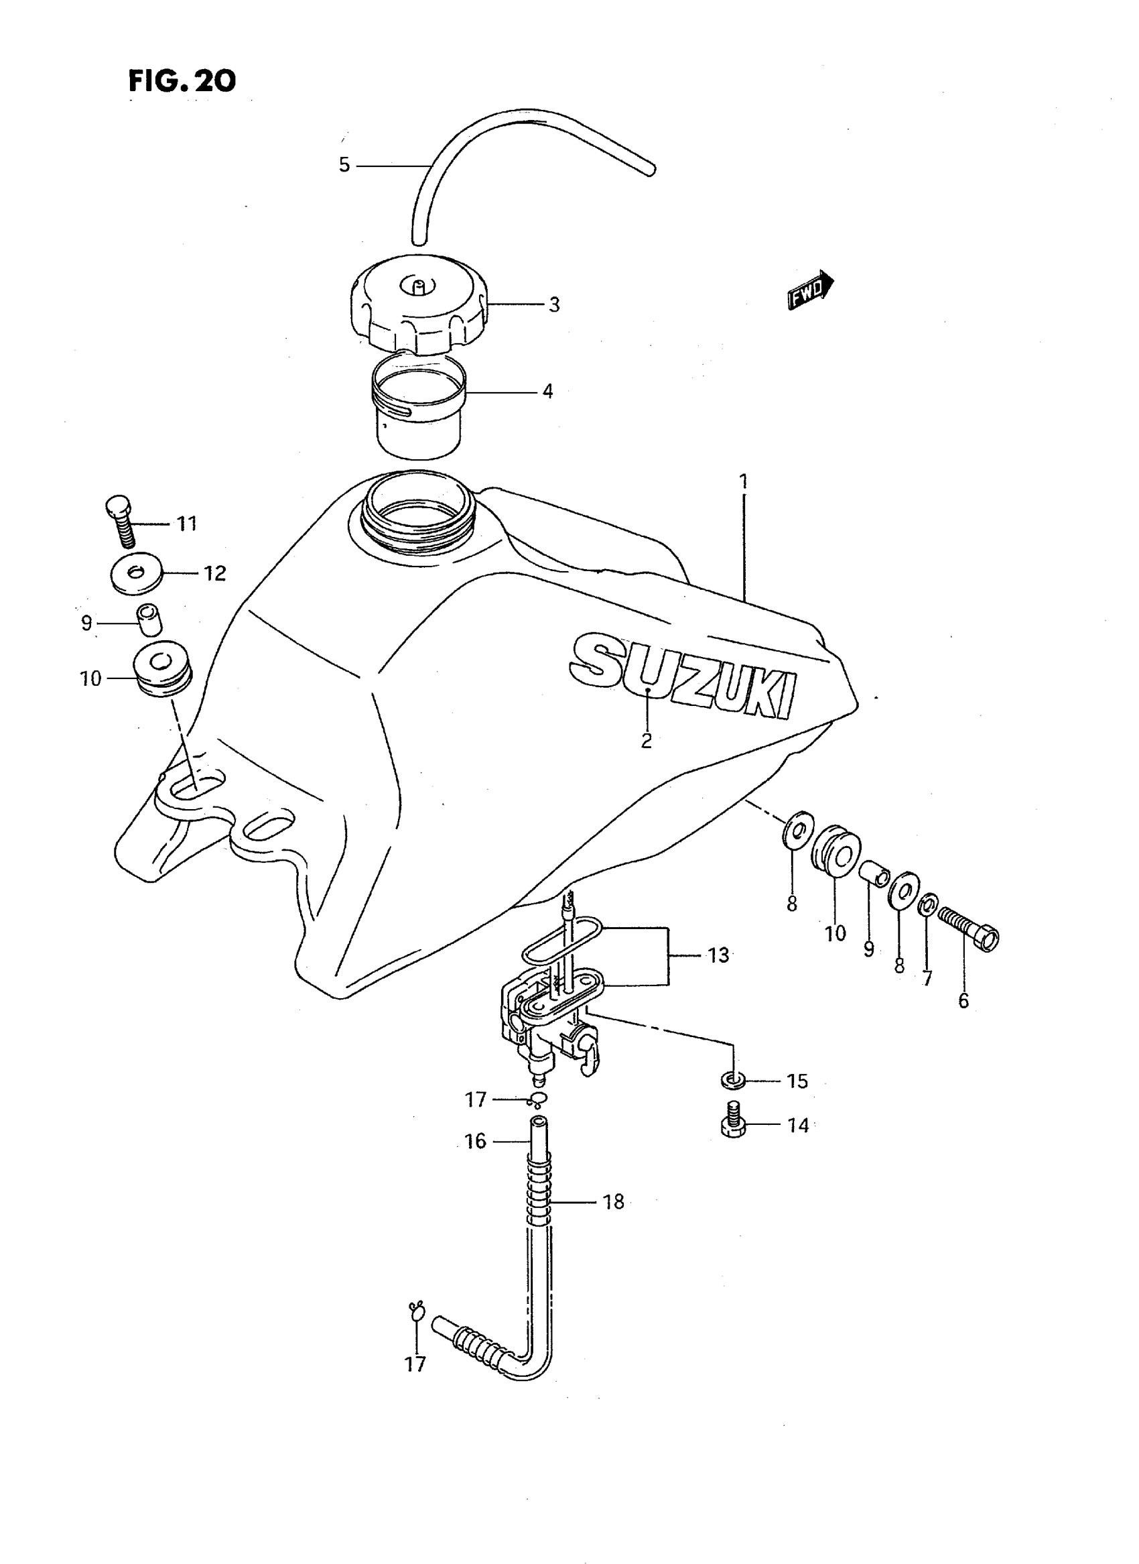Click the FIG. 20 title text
[x=182, y=80]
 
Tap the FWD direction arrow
[x=811, y=288]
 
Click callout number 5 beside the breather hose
[x=344, y=165]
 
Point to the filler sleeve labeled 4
[x=420, y=406]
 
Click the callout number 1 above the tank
[x=743, y=481]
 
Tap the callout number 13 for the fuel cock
[x=718, y=955]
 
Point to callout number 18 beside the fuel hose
[x=613, y=1202]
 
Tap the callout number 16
[x=476, y=1141]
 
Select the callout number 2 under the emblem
[x=646, y=740]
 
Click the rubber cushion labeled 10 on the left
[x=162, y=668]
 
